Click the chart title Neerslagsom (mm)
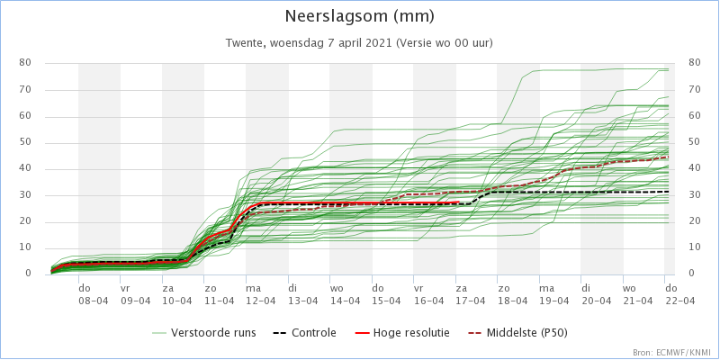point(359,16)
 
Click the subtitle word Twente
point(243,43)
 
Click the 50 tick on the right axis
point(694,142)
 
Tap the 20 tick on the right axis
point(694,221)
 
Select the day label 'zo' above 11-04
point(211,288)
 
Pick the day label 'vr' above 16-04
point(418,288)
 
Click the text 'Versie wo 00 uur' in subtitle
point(450,43)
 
